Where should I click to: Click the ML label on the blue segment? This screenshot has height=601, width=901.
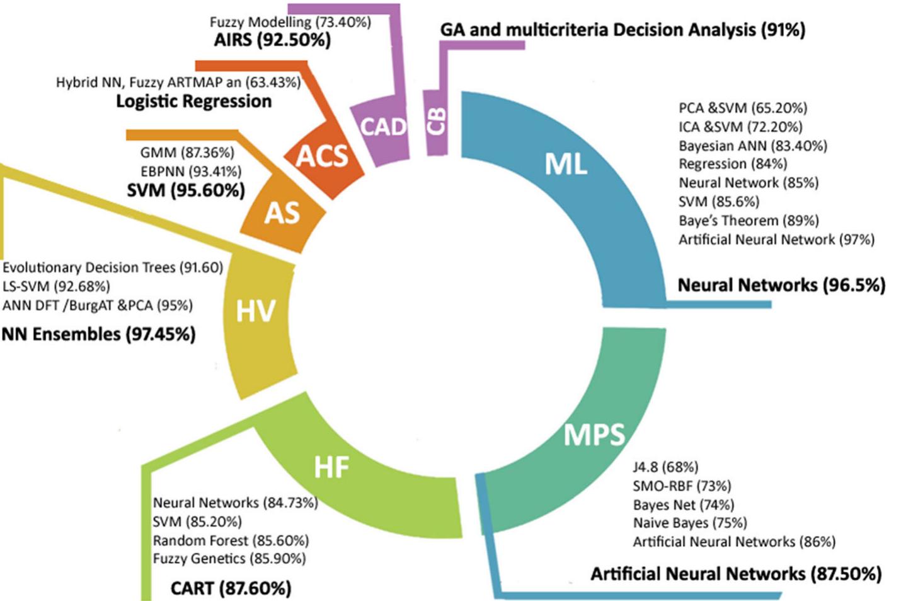click(x=565, y=165)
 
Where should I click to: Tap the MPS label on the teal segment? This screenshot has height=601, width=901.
click(x=594, y=435)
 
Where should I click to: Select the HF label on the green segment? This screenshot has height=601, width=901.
click(x=331, y=468)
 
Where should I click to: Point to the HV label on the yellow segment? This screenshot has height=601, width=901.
click(x=255, y=312)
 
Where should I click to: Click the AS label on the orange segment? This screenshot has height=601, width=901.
click(x=282, y=213)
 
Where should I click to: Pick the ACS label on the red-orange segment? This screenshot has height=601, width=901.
click(x=322, y=156)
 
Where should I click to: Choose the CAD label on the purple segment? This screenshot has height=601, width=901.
click(x=383, y=127)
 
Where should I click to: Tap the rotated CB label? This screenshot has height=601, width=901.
click(x=437, y=122)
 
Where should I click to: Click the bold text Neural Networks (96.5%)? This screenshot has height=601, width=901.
click(x=781, y=285)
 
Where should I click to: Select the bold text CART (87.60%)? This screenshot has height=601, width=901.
click(x=231, y=588)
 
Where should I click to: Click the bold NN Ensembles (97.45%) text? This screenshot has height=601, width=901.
click(x=99, y=334)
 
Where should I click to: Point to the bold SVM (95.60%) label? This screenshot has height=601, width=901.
click(x=186, y=190)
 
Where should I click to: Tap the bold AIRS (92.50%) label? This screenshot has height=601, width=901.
click(x=272, y=40)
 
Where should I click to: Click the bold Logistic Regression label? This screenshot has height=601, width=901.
click(x=194, y=101)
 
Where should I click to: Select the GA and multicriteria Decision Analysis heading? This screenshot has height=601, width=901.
click(x=622, y=30)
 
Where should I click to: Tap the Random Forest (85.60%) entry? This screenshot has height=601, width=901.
click(x=231, y=540)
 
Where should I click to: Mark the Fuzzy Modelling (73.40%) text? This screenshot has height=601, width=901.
click(x=290, y=22)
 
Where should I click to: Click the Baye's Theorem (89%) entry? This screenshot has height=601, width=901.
click(x=749, y=221)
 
